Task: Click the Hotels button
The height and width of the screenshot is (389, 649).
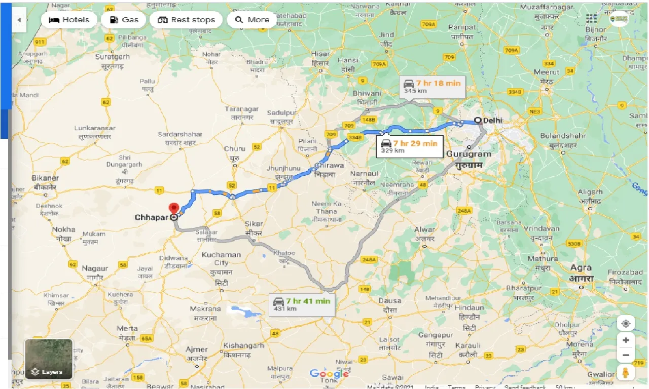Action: [x=68, y=20]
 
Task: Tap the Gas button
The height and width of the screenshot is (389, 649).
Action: [x=124, y=20]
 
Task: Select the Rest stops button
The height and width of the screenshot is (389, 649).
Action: [x=186, y=20]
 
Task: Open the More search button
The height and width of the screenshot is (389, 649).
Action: [x=251, y=20]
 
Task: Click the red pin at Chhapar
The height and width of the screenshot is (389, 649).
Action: [x=174, y=209]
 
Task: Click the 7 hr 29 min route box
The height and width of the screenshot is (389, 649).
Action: [x=409, y=146]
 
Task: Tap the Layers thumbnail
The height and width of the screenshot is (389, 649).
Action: [x=49, y=359]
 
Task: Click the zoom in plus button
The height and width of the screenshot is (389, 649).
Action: [x=626, y=340]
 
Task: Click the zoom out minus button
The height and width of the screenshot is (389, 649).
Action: [x=626, y=355]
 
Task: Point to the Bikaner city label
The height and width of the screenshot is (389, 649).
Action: [x=45, y=178]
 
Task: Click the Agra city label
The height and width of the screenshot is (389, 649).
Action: [x=581, y=268]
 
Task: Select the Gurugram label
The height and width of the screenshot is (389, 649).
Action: [x=469, y=154]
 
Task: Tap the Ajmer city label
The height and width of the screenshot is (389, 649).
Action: [x=196, y=349]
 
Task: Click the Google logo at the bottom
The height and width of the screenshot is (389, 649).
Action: [x=329, y=374]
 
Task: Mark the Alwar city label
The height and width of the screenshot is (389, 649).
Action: [x=424, y=229]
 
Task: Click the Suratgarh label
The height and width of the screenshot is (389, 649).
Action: [x=113, y=57]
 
